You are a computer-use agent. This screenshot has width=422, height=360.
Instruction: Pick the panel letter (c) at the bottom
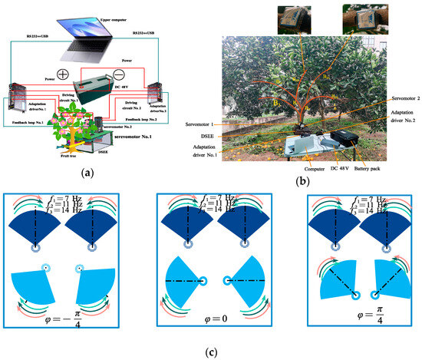[209, 352]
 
